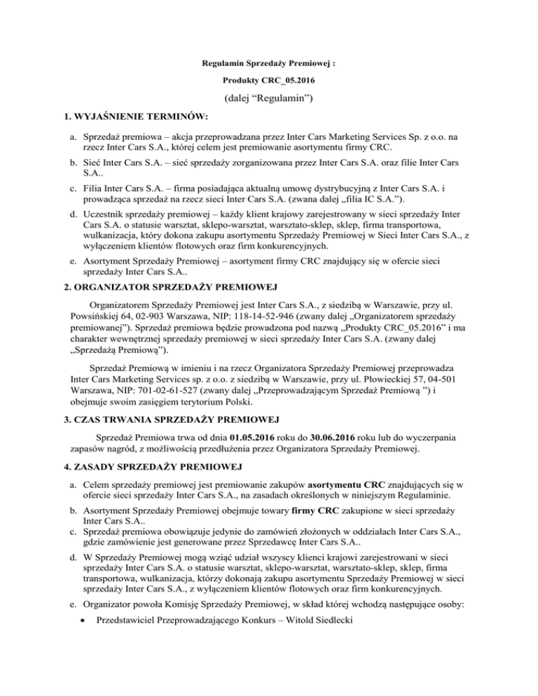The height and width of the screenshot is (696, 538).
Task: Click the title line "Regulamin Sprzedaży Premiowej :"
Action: click(x=268, y=62)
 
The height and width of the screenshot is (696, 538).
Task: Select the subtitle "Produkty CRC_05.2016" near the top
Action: click(x=268, y=81)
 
